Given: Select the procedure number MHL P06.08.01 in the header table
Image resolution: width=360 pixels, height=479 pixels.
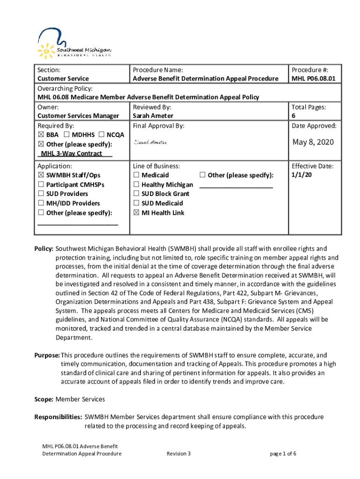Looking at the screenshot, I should [x=314, y=79].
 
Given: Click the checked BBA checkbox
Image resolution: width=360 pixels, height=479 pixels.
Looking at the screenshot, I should [x=41, y=135].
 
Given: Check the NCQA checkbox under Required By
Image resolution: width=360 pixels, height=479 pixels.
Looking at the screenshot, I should [x=101, y=135].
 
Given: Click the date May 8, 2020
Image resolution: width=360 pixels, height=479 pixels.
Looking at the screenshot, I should [x=313, y=142].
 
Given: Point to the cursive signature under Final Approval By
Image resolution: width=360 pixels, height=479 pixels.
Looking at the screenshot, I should [x=150, y=142].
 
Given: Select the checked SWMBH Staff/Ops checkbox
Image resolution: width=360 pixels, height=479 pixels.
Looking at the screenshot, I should [x=41, y=175].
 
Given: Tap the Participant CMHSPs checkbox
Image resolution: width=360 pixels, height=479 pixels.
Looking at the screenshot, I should [x=41, y=185].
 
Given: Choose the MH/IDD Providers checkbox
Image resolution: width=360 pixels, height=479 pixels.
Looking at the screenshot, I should [x=41, y=203].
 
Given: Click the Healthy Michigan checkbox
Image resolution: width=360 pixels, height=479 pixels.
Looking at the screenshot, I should [x=136, y=185].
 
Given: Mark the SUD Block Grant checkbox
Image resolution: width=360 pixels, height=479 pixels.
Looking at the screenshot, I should [x=136, y=194].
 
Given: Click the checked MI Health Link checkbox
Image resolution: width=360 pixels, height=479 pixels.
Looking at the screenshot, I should [x=136, y=213].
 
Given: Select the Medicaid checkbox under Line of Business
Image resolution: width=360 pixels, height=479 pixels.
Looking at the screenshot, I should [x=136, y=175].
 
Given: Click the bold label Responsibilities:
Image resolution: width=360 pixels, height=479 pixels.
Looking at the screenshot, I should [x=58, y=417].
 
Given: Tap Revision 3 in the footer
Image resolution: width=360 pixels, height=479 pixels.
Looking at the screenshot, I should [x=179, y=454].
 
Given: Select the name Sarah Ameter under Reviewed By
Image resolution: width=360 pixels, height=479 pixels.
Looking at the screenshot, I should [x=153, y=116].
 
